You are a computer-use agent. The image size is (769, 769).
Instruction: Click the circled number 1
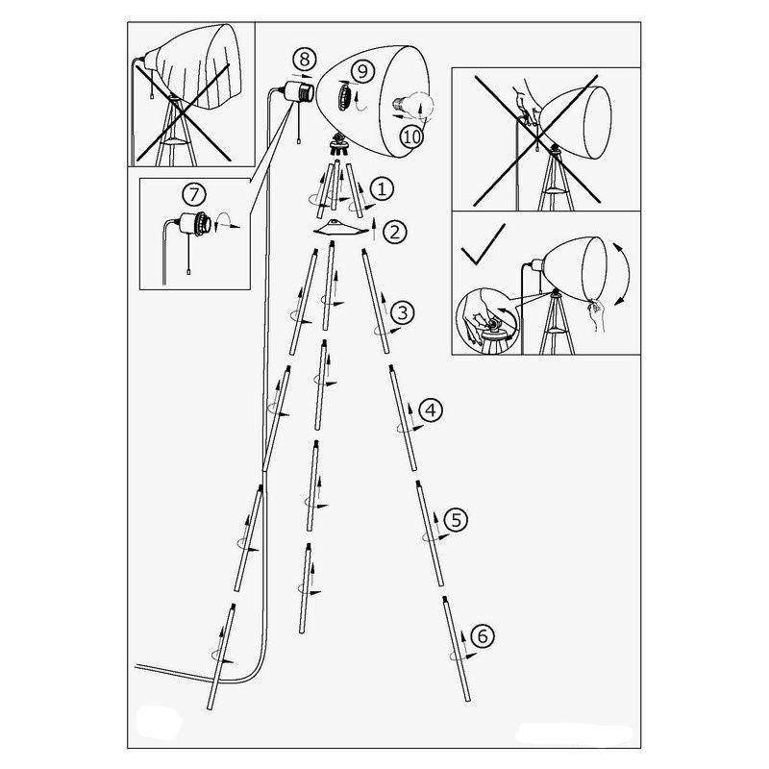(x=382, y=189)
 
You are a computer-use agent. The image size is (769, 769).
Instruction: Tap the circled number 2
(x=395, y=232)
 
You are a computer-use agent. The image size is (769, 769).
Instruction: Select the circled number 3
(x=402, y=312)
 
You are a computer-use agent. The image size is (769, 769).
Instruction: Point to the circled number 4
(x=431, y=410)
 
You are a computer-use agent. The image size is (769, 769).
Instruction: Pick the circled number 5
(x=456, y=519)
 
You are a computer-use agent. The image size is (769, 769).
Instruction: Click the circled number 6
(x=483, y=636)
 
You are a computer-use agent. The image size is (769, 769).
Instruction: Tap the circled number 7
(x=194, y=195)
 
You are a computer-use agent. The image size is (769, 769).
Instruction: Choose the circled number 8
(x=305, y=60)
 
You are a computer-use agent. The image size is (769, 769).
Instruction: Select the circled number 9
(x=362, y=71)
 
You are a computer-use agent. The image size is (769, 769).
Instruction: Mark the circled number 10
(x=411, y=136)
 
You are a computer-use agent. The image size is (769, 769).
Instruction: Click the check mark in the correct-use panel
(x=483, y=245)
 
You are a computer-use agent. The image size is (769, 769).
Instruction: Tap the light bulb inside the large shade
(x=411, y=105)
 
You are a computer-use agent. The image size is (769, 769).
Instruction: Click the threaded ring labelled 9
(x=344, y=97)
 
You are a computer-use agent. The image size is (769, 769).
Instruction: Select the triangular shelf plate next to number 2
(x=341, y=229)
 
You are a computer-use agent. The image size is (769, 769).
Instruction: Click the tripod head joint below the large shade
(x=337, y=144)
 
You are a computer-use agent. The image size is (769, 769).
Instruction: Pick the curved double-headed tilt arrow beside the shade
(x=623, y=274)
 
